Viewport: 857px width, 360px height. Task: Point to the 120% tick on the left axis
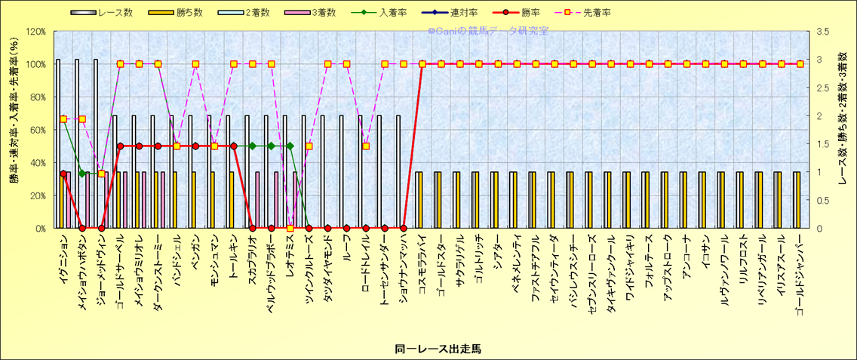35,32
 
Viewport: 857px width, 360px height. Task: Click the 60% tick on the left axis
38,130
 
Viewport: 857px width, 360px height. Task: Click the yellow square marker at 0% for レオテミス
290,228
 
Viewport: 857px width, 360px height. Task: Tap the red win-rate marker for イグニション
63,174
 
